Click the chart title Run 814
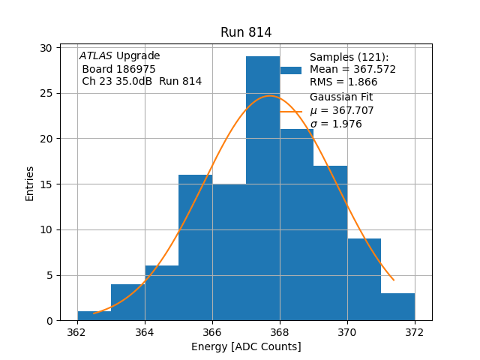pos(246,32)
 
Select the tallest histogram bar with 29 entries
pos(262,187)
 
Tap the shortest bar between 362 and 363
pos(94,316)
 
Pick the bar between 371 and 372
pos(397,307)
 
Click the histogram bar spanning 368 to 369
pos(296,225)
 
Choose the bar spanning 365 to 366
pos(195,247)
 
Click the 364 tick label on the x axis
pos(145,332)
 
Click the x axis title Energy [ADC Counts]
pos(246,346)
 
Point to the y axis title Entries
pos(30,183)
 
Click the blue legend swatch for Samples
pos(291,70)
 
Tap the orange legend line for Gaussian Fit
pos(291,111)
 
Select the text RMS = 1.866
pos(343,82)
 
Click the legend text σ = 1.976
pos(336,124)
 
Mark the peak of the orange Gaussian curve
pos(270,96)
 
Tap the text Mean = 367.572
pos(352,70)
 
